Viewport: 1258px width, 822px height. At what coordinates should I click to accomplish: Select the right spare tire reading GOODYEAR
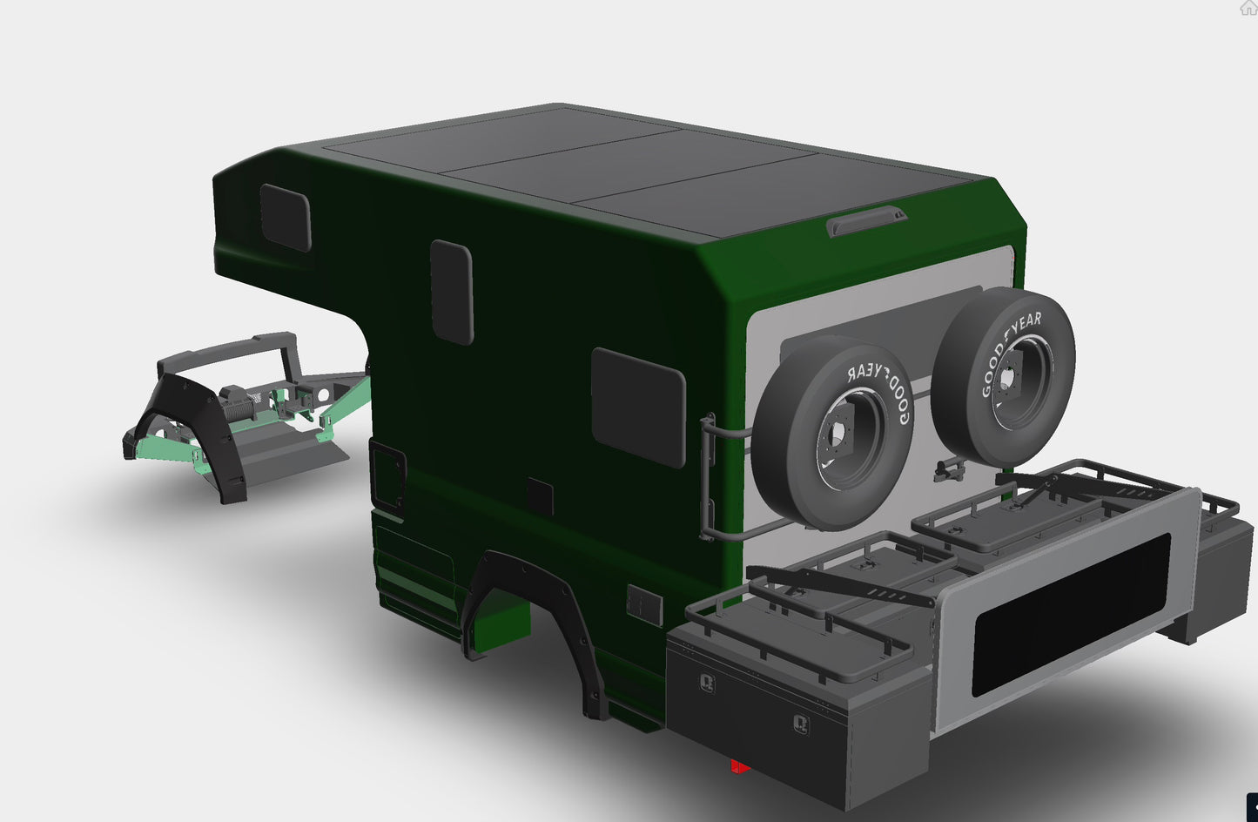(1003, 376)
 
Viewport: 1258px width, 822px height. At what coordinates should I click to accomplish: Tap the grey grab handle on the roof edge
(865, 222)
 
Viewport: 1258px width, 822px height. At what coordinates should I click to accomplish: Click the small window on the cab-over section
(286, 218)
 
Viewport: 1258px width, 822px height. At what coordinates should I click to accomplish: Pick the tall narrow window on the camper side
(452, 292)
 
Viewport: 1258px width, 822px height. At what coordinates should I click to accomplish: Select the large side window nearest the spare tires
(637, 407)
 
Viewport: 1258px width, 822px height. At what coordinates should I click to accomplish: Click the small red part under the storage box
(739, 766)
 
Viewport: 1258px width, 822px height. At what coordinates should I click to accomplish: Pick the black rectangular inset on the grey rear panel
(1070, 614)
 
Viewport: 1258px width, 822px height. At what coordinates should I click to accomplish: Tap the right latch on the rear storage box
(800, 724)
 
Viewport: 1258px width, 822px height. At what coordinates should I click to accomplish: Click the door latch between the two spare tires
(949, 470)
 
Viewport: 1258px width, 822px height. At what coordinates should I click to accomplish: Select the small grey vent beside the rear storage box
(644, 604)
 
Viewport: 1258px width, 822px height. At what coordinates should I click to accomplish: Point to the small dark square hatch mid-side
(540, 496)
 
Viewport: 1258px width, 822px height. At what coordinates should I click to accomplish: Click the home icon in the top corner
(1248, 8)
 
